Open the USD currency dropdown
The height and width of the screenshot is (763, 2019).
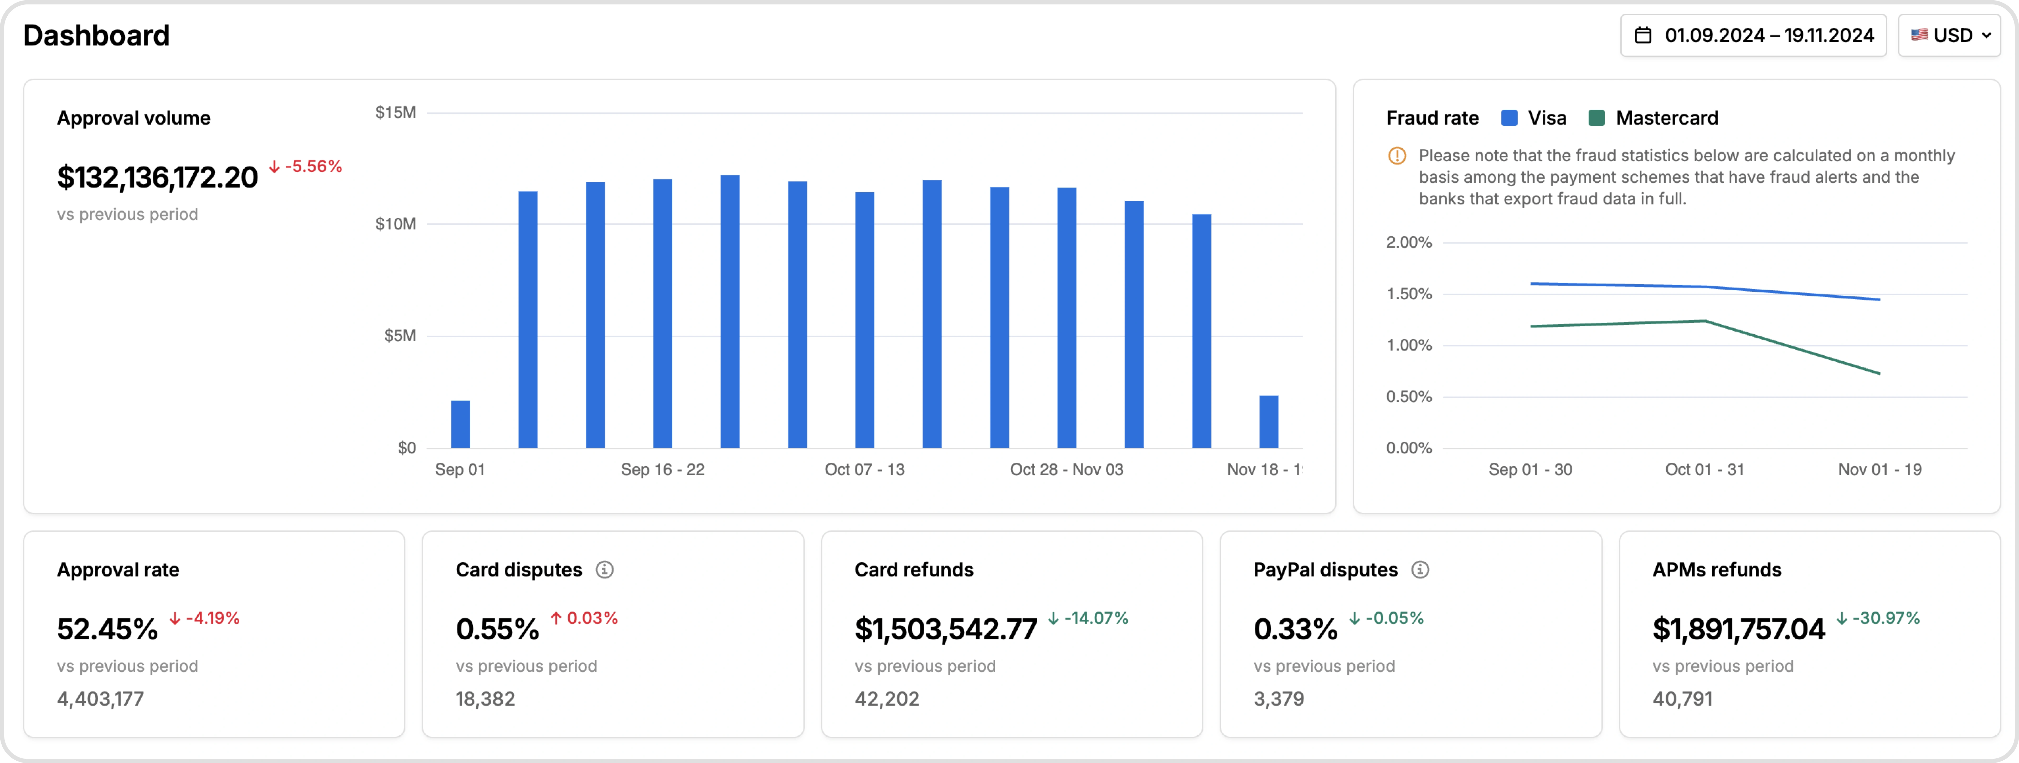coord(1949,35)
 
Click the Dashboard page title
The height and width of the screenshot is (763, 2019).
coord(96,35)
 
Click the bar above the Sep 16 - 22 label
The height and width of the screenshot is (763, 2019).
coord(662,314)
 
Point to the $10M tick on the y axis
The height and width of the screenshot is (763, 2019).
coord(396,224)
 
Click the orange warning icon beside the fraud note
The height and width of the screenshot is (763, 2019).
coord(1397,155)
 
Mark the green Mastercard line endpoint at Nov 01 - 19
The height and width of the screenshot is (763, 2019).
coord(1879,373)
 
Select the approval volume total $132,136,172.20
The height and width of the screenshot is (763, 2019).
coord(157,177)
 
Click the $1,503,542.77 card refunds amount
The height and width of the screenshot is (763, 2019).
coord(945,629)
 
